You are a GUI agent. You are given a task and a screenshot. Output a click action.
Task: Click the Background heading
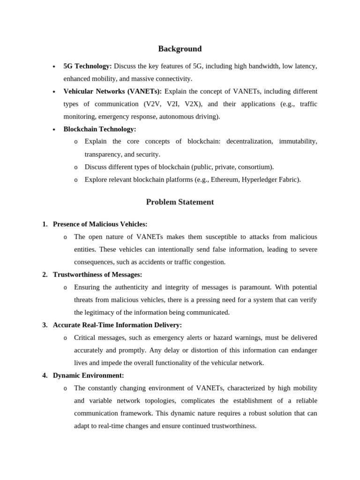pyautogui.click(x=180, y=49)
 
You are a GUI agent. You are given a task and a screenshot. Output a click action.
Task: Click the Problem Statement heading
pyautogui.click(x=180, y=202)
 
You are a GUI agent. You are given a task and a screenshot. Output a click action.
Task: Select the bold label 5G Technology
pyautogui.click(x=87, y=66)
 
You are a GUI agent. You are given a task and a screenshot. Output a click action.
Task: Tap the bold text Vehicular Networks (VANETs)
pyautogui.click(x=112, y=91)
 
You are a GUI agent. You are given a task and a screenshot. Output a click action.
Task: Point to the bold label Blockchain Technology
pyautogui.click(x=99, y=129)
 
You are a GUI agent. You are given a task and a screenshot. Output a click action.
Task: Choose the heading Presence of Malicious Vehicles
pyautogui.click(x=100, y=224)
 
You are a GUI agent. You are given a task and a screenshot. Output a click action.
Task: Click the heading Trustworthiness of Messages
pyautogui.click(x=97, y=275)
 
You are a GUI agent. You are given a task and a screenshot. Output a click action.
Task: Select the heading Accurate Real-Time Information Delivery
pyautogui.click(x=117, y=325)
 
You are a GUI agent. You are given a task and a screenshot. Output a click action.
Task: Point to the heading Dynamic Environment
pyautogui.click(x=88, y=375)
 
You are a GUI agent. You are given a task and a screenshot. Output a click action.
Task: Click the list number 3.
pyautogui.click(x=45, y=325)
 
